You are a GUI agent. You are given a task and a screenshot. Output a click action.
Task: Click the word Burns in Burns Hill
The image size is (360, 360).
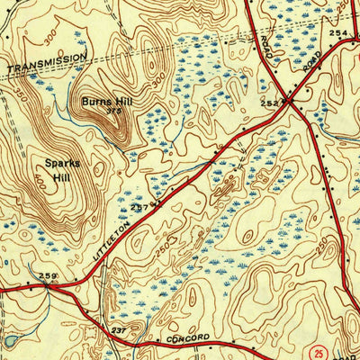[94, 102]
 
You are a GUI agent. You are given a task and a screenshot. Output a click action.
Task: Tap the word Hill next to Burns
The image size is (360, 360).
[121, 102]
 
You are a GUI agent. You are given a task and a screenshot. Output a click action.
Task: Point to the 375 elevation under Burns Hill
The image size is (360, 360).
[112, 112]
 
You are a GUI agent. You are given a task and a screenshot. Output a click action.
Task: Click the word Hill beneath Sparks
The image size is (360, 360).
[61, 177]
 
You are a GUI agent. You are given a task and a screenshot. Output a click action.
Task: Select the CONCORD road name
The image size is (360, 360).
[188, 337]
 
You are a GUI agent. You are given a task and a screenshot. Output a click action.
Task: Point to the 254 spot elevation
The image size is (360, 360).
[337, 32]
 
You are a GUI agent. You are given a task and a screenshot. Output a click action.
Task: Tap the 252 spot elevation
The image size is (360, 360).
[269, 103]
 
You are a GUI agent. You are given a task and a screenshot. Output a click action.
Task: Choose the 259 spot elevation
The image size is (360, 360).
[47, 275]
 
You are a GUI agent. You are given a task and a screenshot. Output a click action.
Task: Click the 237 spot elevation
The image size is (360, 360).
[118, 330]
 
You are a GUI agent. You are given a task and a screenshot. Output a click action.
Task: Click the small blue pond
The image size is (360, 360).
[8, 341]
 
